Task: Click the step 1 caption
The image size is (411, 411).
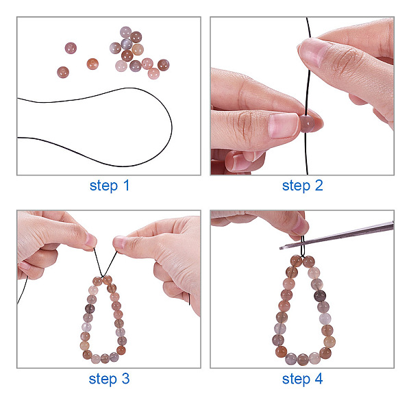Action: point(110,186)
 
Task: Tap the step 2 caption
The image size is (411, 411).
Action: point(303,186)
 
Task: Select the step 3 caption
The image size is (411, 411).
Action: point(109,379)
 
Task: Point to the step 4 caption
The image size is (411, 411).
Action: point(303,379)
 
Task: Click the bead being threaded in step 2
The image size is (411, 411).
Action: point(307,123)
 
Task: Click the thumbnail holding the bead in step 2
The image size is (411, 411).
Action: point(284,126)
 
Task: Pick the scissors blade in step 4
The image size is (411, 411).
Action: point(336,236)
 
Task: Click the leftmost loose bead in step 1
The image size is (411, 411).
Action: point(63,73)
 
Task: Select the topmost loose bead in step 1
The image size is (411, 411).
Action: point(125,32)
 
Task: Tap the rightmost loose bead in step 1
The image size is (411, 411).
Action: point(163,65)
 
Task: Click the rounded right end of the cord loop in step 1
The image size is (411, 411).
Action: point(171,127)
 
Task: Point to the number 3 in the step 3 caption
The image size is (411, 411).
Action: point(125,379)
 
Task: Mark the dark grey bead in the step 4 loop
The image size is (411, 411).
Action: point(320,296)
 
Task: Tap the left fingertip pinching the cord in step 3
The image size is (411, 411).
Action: point(90,241)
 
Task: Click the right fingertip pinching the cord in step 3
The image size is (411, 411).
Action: point(119,243)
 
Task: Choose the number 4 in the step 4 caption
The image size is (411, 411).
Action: point(319,379)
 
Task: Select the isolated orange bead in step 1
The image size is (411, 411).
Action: point(92,64)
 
